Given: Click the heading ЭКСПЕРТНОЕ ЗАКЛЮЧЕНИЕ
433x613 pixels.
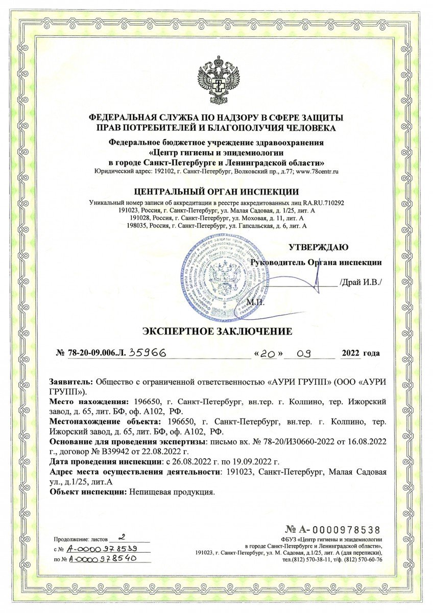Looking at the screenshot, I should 216,331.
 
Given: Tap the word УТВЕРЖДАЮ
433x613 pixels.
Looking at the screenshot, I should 319,248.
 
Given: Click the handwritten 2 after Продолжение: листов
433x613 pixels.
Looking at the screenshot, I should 121,538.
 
